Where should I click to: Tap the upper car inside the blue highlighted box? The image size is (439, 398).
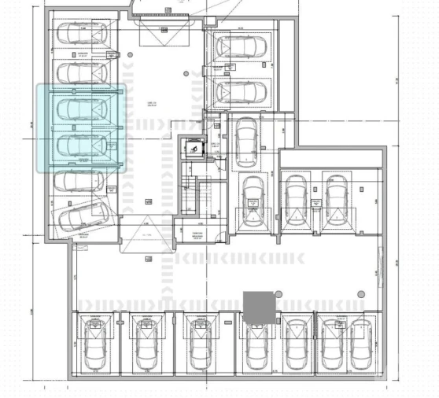[81, 109]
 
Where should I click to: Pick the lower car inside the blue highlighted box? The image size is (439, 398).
[81, 145]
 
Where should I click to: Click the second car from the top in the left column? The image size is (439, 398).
[81, 72]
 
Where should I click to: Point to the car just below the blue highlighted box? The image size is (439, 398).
[81, 180]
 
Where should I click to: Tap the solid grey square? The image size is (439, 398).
[259, 306]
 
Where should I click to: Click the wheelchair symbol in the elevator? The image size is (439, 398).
[191, 146]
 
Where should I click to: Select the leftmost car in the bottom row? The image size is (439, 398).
[96, 343]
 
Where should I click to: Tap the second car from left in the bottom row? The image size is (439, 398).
[149, 343]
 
